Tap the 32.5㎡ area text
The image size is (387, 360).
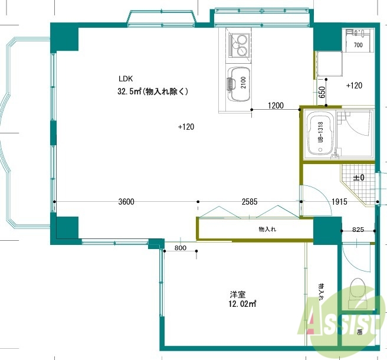tap(152, 91)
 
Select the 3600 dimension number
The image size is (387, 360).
tap(126, 201)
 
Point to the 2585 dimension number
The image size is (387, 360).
tap(250, 201)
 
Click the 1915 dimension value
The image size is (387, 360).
tap(339, 201)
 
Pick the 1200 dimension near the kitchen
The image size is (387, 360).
tap(276, 106)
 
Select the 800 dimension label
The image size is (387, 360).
tap(180, 248)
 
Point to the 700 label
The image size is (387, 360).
tap(358, 45)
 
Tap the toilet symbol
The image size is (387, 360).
tap(358, 293)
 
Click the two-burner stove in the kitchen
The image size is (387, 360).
tap(240, 44)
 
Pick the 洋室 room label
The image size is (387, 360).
tap(238, 294)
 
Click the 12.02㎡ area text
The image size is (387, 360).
tap(242, 304)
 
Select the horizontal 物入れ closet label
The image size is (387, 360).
tap(267, 228)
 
